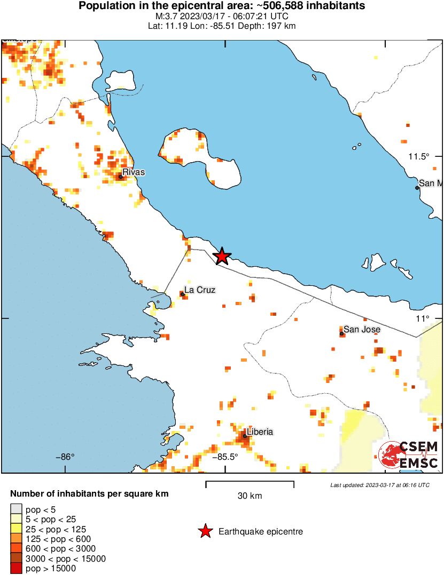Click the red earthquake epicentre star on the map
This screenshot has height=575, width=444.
click(222, 257)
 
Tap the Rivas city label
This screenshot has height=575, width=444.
click(134, 172)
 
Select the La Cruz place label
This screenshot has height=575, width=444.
click(200, 290)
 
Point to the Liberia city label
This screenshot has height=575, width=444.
click(261, 432)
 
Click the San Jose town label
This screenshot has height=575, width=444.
click(362, 329)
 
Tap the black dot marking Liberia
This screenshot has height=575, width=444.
click(245, 436)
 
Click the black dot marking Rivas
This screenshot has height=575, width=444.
click(121, 177)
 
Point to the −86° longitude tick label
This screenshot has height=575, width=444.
click(65, 457)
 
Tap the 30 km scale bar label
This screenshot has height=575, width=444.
click(250, 496)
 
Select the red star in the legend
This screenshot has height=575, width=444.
click(205, 531)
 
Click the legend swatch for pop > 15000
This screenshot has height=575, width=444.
click(17, 569)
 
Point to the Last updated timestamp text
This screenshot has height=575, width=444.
click(379, 485)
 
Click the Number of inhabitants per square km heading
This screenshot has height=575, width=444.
click(89, 494)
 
